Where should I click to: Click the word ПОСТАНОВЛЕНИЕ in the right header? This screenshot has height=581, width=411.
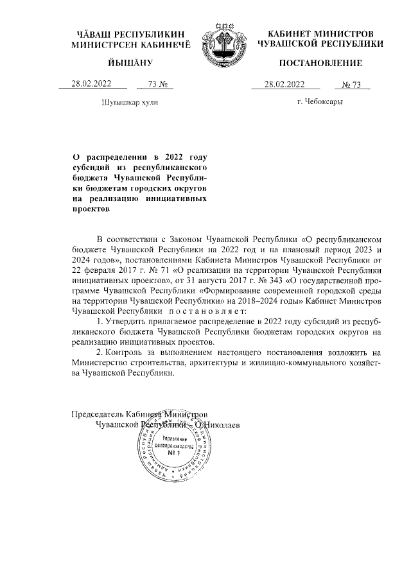point(320,63)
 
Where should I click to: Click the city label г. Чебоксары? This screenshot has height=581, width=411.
point(320,101)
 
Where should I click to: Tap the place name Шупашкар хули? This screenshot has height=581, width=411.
point(130,101)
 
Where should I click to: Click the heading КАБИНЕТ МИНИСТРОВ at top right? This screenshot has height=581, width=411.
point(320,33)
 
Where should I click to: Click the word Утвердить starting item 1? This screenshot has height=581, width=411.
point(125,321)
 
